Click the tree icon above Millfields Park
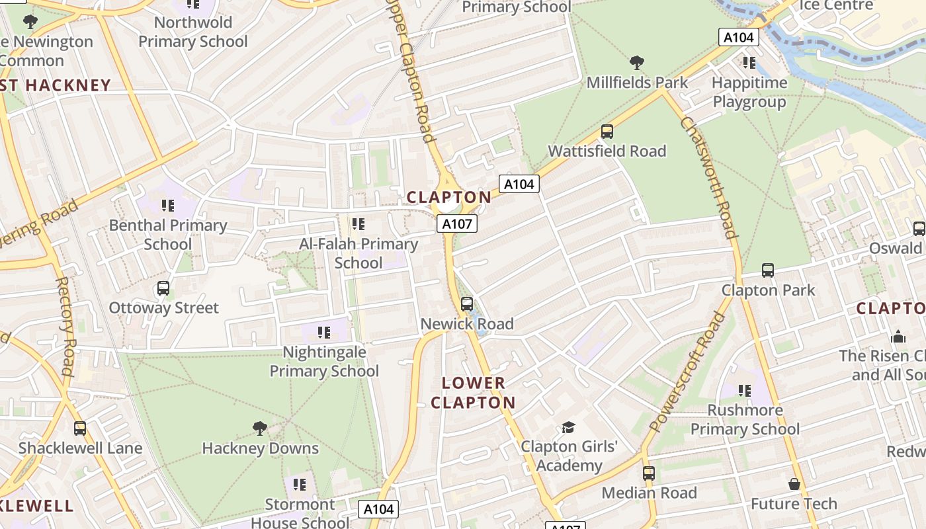click(637, 63)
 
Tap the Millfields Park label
click(637, 83)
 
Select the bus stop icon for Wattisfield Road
click(607, 132)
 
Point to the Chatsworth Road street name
click(708, 177)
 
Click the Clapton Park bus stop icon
click(767, 270)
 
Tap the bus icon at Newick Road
click(466, 304)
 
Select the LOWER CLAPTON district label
click(473, 393)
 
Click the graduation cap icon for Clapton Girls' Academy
click(568, 427)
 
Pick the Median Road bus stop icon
click(648, 473)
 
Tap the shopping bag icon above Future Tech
click(794, 485)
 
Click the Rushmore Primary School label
click(745, 420)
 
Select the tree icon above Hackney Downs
click(260, 428)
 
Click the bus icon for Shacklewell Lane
click(80, 428)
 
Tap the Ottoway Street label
click(163, 308)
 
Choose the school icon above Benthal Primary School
click(167, 206)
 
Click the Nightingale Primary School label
click(324, 362)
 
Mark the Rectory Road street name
click(67, 326)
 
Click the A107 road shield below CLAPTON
click(456, 224)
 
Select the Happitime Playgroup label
click(749, 93)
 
